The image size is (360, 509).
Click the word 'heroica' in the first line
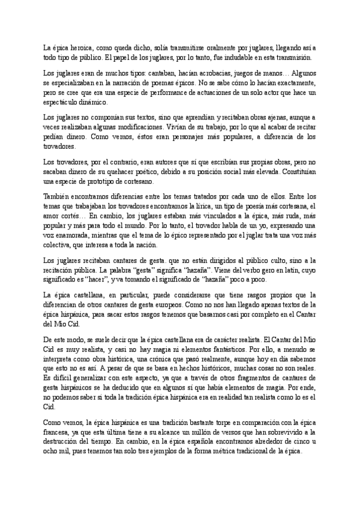(76, 47)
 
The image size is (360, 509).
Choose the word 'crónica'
(140, 361)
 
